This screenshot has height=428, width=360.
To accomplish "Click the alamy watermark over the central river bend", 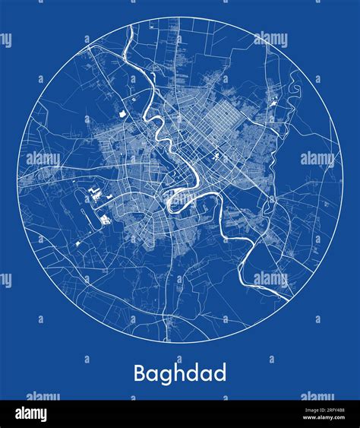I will [x=179, y=159].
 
